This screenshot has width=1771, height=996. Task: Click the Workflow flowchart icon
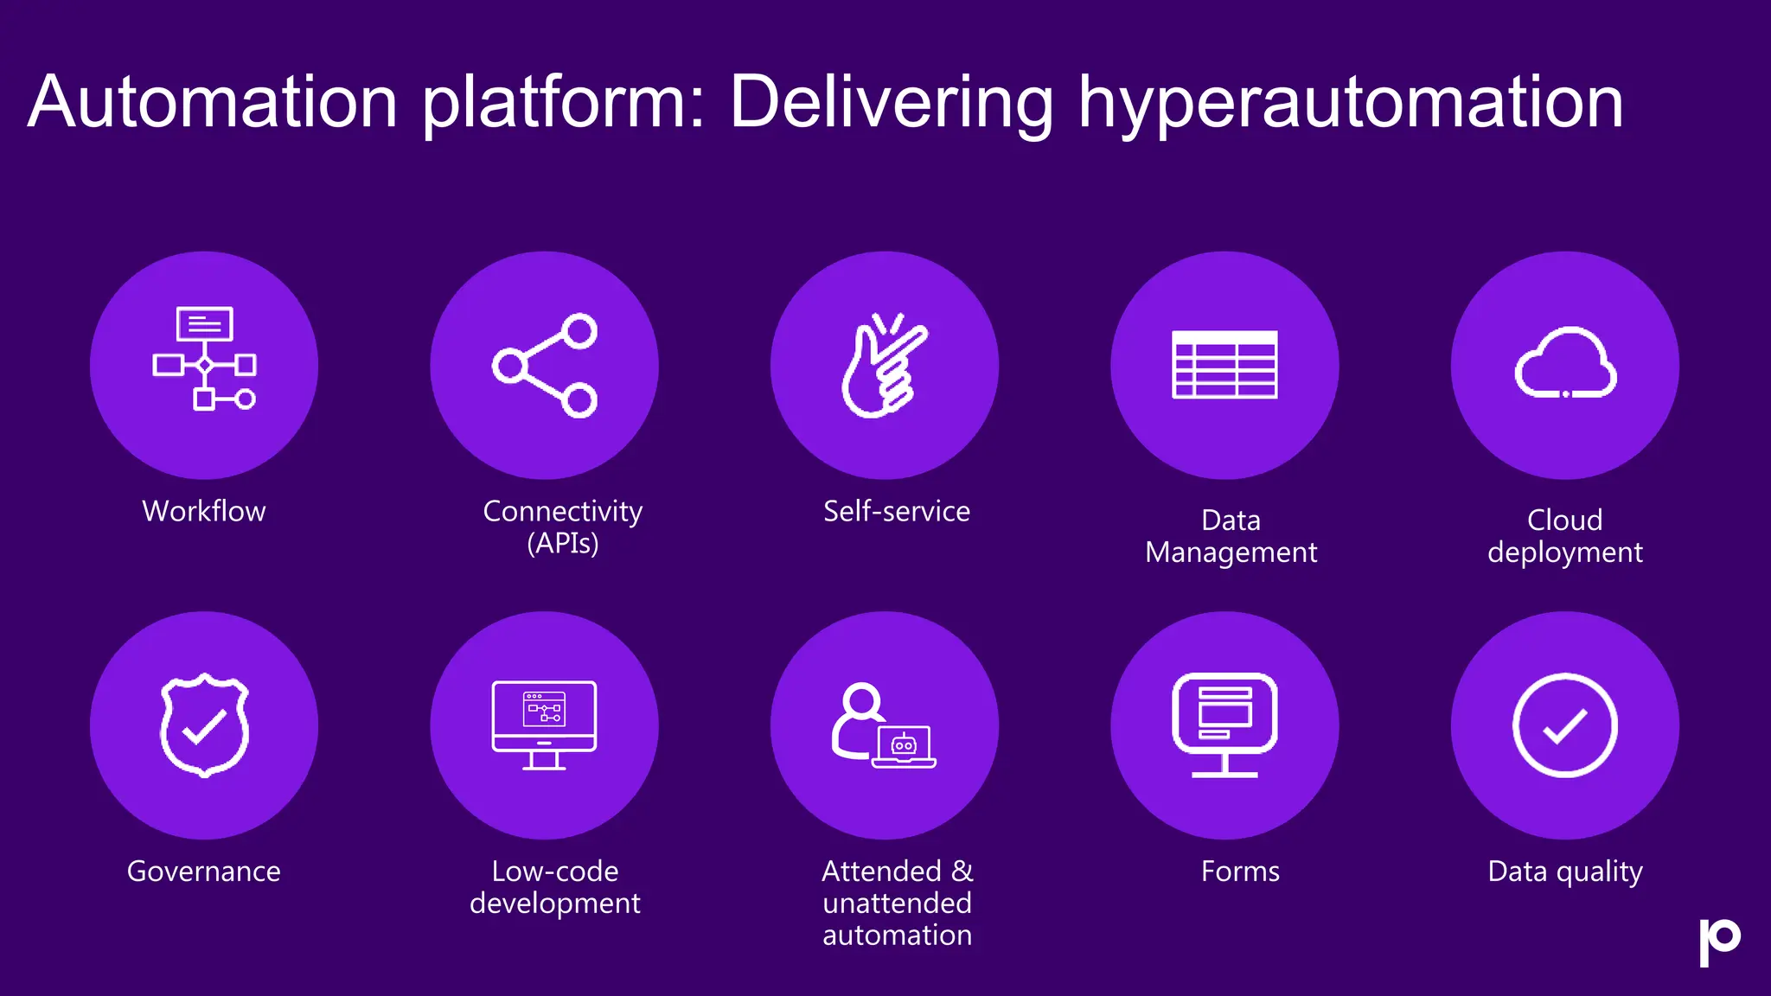(x=204, y=358)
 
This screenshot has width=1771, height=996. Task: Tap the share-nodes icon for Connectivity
(x=545, y=366)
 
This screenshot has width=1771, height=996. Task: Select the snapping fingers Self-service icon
(x=884, y=366)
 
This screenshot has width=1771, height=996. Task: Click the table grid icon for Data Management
(x=1224, y=365)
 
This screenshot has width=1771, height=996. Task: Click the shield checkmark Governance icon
(x=204, y=725)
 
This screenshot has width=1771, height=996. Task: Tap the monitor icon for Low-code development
(x=545, y=725)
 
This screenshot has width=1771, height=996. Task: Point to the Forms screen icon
(x=1224, y=725)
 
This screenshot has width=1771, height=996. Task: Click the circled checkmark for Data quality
(x=1565, y=725)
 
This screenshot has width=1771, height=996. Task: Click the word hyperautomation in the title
(x=1350, y=104)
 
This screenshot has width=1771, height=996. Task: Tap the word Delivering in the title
(x=891, y=104)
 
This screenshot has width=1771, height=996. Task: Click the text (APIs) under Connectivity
(x=563, y=544)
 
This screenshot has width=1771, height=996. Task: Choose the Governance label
(x=204, y=871)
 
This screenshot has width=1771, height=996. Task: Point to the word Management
(x=1231, y=552)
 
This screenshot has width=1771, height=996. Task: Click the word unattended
(x=897, y=903)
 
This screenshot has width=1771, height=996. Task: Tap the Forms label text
(x=1240, y=871)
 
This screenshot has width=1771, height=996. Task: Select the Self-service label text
(x=897, y=511)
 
